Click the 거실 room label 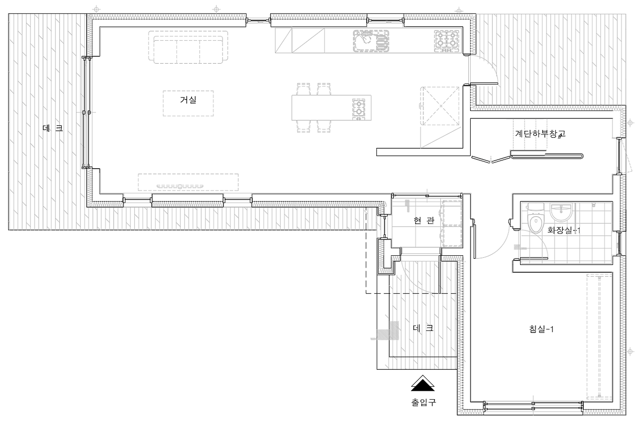click(x=188, y=100)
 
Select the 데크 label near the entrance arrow click(x=423, y=328)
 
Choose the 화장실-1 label click(x=564, y=230)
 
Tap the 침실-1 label click(x=542, y=329)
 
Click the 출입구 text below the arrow click(x=423, y=402)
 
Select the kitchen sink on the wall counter click(x=371, y=41)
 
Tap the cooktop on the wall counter click(x=446, y=41)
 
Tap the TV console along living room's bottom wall click(x=188, y=182)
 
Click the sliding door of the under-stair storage click(x=546, y=157)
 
